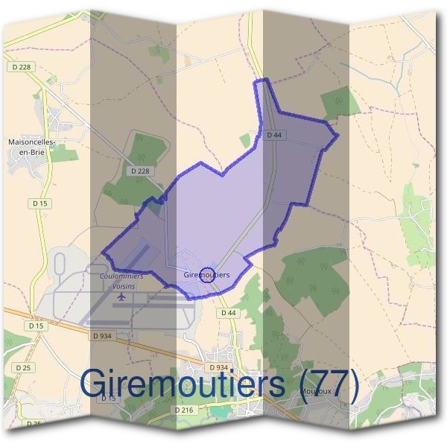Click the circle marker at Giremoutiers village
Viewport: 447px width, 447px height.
208,274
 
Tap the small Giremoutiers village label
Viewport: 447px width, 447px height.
206,275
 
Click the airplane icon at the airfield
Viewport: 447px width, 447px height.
121,297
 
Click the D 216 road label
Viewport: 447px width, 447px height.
184,410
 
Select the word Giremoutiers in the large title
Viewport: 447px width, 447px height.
183,384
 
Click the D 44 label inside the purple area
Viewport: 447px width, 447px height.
274,135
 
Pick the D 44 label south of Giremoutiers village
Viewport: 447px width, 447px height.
228,313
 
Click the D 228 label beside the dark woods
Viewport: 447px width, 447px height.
139,171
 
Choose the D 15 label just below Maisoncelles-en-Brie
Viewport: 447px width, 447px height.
39,203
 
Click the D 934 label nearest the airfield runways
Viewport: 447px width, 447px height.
102,337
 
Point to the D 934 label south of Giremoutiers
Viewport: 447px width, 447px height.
218,368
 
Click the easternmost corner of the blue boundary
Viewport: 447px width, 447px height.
338,136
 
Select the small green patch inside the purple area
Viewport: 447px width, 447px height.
245,141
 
